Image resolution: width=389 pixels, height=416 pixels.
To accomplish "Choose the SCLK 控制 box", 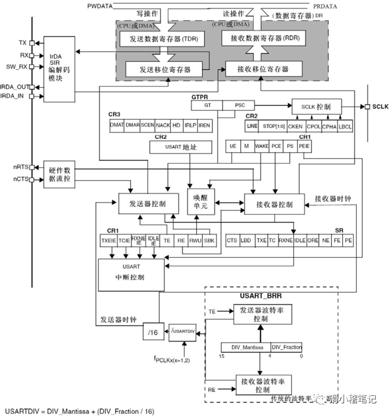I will coord(316,106).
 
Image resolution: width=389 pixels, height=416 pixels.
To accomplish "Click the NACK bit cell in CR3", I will coord(163,125).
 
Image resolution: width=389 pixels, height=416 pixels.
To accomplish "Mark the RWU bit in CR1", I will coord(195,241).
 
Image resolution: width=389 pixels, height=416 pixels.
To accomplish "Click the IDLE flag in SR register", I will coord(299,241).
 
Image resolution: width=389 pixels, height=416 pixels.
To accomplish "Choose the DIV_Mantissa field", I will coord(246,346).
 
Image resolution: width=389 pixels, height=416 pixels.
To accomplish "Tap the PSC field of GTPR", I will coord(240,104).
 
